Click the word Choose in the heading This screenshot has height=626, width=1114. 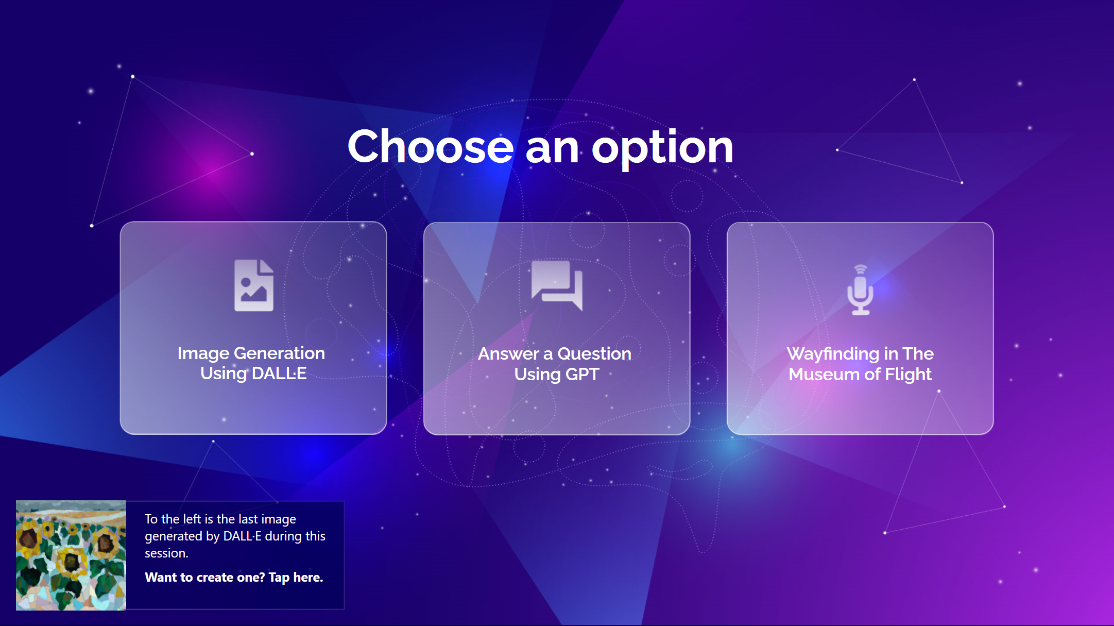[x=431, y=146]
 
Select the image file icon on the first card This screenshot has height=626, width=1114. [x=254, y=285]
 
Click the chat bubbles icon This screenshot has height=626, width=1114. [x=557, y=285]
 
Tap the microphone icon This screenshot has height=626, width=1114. [x=860, y=290]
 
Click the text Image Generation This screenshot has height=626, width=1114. [x=251, y=353]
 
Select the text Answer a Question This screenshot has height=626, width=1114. [x=555, y=354]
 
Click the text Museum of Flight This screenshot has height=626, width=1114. [x=860, y=375]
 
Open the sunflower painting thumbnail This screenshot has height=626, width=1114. [x=71, y=555]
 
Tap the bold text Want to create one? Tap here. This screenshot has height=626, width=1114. [x=234, y=578]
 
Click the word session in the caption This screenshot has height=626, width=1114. [x=165, y=553]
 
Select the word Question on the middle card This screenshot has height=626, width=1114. [x=594, y=354]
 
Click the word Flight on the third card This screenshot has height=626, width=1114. [x=908, y=375]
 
